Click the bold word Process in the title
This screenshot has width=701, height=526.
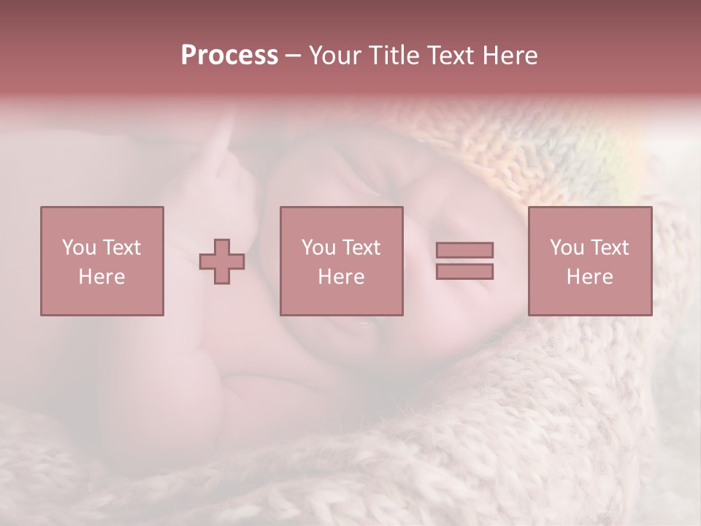[229, 56]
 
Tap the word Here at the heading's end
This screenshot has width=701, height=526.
[510, 56]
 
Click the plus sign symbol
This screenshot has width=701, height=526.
[222, 262]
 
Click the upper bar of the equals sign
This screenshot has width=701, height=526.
[464, 250]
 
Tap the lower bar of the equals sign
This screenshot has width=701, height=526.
[464, 271]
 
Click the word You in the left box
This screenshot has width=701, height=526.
[79, 247]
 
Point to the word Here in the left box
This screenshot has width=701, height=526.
[101, 277]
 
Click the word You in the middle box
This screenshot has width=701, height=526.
[318, 248]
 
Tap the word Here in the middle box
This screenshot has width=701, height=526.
[341, 277]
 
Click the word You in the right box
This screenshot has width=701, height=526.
[567, 248]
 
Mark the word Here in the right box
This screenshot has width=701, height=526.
[589, 277]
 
